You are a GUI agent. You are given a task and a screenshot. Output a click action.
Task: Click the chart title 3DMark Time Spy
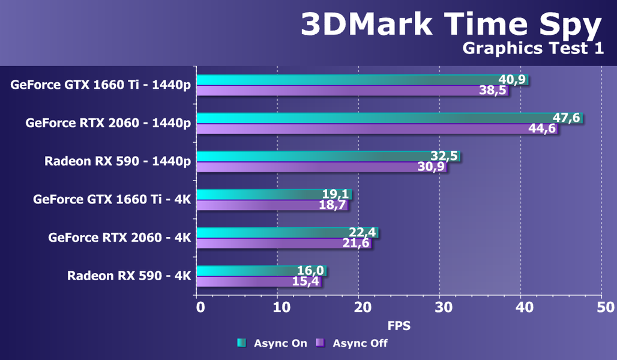[x=451, y=25]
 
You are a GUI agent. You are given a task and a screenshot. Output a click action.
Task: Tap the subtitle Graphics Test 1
[x=533, y=49]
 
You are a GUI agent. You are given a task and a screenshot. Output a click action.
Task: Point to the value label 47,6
[x=567, y=118]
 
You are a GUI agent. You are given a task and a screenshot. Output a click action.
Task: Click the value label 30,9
[x=431, y=167]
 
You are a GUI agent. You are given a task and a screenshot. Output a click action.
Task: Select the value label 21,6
[x=356, y=243]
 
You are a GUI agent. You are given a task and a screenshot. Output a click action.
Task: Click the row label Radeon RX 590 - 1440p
[x=118, y=161]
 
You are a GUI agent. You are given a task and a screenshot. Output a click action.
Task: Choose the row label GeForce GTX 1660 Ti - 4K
[x=112, y=199]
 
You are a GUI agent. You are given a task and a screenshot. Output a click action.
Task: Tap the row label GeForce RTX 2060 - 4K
[x=119, y=238]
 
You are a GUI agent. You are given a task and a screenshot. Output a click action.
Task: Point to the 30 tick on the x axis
[x=440, y=307]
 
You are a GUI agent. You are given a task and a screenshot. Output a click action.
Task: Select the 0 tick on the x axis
[x=200, y=307]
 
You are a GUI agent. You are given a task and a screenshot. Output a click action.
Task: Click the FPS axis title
[x=399, y=326]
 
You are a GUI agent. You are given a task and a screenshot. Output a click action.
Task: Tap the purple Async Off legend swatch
[x=321, y=343]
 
